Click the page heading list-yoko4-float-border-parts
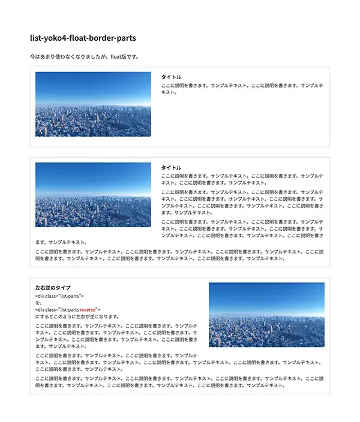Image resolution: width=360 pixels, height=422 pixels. click(x=83, y=38)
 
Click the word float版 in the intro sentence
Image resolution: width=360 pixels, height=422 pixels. click(x=129, y=57)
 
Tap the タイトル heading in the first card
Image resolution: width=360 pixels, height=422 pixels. click(x=171, y=77)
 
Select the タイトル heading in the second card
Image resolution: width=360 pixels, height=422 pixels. click(x=171, y=167)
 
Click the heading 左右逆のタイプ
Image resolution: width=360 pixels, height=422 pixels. click(x=53, y=288)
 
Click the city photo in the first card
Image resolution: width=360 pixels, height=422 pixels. click(x=93, y=104)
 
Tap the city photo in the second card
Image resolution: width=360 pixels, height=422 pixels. click(x=93, y=195)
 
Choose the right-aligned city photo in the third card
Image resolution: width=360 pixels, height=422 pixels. click(x=266, y=315)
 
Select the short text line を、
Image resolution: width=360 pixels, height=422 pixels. click(x=39, y=303)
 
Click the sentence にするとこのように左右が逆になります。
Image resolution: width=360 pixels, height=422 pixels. click(x=77, y=316)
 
